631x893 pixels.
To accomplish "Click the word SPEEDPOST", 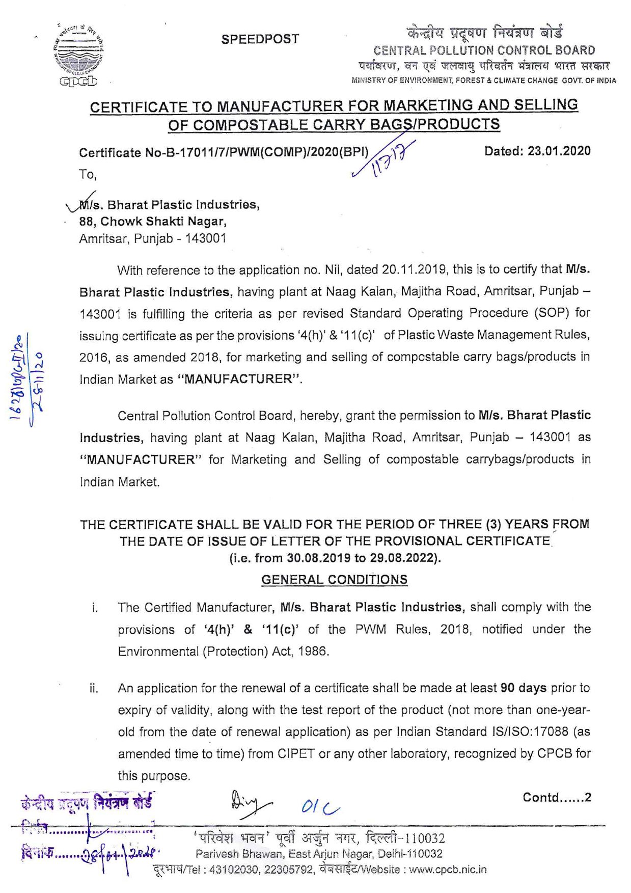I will tap(260, 39).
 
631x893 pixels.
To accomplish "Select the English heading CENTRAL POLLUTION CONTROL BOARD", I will tap(484, 50).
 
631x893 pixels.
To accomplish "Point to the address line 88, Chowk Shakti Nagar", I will tap(153, 222).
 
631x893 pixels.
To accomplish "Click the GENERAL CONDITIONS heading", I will tap(334, 580).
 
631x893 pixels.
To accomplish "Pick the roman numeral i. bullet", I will tap(95, 608).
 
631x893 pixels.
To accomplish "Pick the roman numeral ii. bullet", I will tap(94, 689).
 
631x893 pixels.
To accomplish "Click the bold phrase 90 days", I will tap(524, 688).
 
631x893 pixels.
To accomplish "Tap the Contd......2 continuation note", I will tap(557, 798).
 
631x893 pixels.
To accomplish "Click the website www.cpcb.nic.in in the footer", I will tap(448, 870).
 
